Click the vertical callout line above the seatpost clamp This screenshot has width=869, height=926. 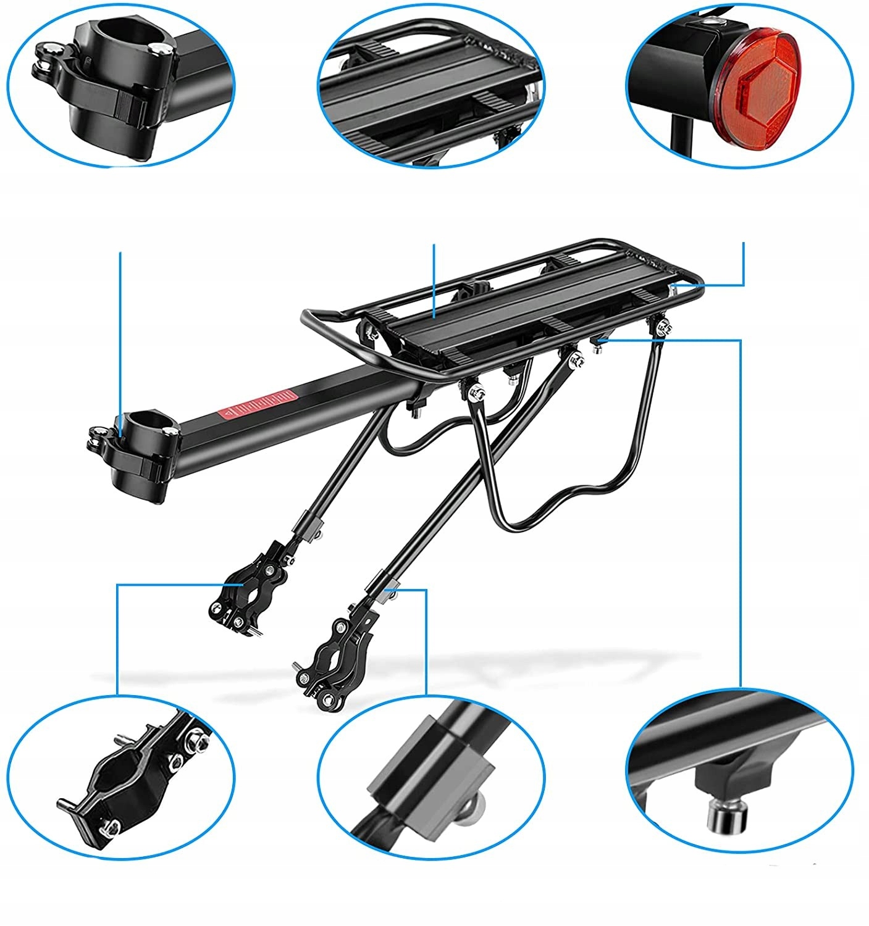[x=120, y=327]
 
